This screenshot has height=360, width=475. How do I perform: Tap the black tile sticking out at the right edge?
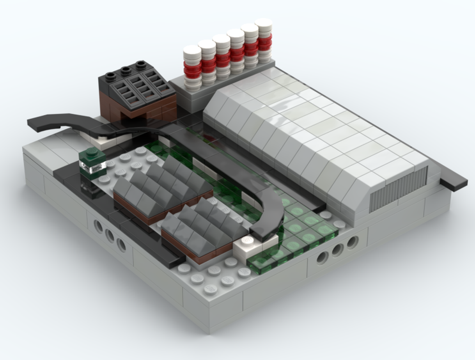[453, 182]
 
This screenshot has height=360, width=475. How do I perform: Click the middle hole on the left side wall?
[110, 235]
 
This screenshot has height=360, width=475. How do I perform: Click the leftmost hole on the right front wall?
[322, 258]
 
